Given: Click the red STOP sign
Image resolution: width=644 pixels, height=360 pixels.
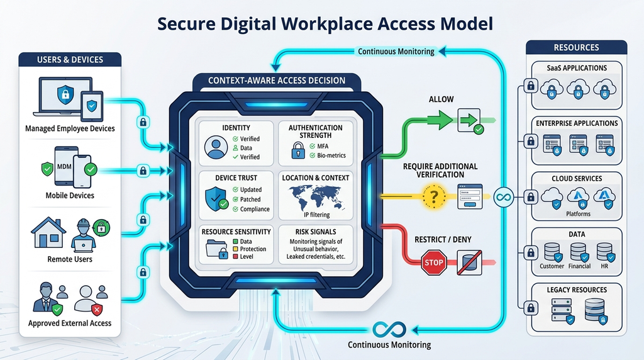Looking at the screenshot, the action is pos(434,262).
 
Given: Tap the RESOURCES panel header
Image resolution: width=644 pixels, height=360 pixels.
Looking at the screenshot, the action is pos(576,47).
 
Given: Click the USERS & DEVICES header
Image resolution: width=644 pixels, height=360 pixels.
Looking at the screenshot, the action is pos(70,60).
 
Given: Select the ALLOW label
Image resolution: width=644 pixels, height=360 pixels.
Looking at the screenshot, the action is pos(441,99).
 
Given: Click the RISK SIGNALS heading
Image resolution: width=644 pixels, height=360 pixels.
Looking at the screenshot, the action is pos(316,232).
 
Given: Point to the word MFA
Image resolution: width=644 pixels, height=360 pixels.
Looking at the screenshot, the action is pos(323,146).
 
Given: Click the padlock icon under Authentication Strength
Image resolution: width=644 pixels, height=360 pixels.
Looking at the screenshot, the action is pos(297,150).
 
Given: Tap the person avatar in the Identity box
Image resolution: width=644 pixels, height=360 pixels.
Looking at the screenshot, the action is pos(216,147).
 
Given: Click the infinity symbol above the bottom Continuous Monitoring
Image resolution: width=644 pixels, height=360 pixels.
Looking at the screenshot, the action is pos(389,330).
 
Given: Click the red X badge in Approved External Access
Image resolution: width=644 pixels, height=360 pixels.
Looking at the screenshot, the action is pos(97,310).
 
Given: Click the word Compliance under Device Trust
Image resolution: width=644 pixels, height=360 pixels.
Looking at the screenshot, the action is pos(255,209).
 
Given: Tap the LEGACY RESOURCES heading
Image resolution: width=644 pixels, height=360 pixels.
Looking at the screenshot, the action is pos(577,290).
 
